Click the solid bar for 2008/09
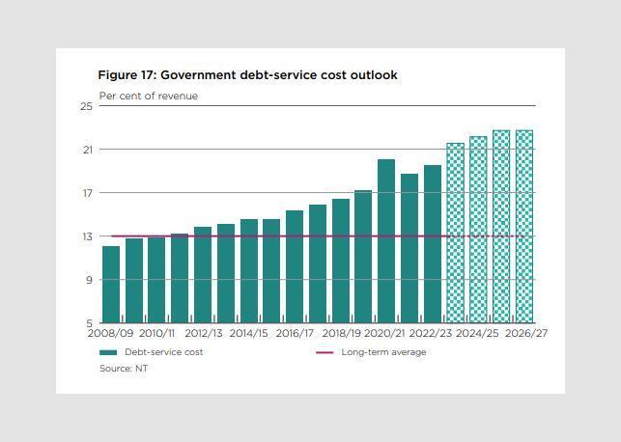tap(111, 285)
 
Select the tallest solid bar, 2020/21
tap(386, 241)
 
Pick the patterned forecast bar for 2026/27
tap(523, 227)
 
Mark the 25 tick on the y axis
tap(86, 106)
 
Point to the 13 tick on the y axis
tap(86, 236)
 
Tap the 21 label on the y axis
tap(86, 150)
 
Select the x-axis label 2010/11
tap(157, 334)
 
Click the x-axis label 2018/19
tap(341, 334)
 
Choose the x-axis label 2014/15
tap(249, 334)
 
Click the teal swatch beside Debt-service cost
tap(108, 352)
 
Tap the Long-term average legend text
tap(383, 352)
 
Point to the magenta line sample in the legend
tap(325, 352)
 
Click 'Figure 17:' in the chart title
tap(127, 75)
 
